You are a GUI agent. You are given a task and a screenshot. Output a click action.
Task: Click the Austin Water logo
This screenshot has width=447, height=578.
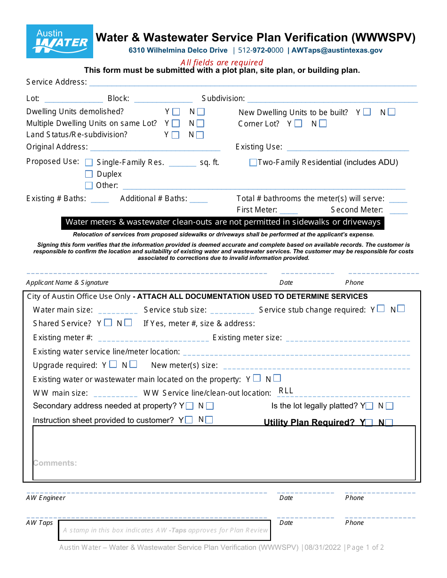click(x=59, y=41)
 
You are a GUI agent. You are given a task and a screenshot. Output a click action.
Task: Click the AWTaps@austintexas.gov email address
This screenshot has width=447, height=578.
click(x=337, y=50)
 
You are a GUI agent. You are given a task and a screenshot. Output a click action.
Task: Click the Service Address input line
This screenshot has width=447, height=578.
click(x=253, y=83)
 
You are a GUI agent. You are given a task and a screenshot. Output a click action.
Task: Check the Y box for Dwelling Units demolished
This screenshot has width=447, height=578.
click(x=176, y=112)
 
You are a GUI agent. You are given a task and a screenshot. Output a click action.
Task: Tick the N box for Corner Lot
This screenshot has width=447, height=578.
click(x=322, y=124)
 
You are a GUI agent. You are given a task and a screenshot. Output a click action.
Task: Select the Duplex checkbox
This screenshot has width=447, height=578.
click(x=89, y=174)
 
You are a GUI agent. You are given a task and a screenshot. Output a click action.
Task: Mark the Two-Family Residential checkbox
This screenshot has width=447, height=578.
click(x=253, y=163)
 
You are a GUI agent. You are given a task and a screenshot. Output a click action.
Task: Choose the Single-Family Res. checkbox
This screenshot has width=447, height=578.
click(x=89, y=163)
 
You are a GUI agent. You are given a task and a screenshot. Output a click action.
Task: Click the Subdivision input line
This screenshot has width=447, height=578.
click(x=332, y=99)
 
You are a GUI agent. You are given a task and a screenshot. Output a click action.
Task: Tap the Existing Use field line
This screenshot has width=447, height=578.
click(x=348, y=148)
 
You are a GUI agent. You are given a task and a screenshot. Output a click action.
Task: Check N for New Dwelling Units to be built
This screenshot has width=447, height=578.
click(x=391, y=112)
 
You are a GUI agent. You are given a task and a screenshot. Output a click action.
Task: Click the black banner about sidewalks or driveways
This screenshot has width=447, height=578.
click(x=223, y=222)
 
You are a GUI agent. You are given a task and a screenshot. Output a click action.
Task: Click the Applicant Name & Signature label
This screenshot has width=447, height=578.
click(x=67, y=282)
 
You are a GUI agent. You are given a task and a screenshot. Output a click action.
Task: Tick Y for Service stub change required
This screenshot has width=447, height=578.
click(x=381, y=309)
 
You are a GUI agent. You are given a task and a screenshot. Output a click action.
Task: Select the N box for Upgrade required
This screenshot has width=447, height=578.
click(x=133, y=365)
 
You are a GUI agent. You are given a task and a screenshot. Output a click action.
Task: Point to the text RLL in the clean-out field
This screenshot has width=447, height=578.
click(x=286, y=391)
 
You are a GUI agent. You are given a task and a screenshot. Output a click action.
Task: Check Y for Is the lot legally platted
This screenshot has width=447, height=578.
click(x=370, y=406)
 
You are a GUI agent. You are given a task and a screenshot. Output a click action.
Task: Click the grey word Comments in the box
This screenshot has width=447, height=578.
click(x=55, y=463)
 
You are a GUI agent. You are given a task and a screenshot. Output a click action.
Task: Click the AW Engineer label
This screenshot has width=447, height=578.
click(x=46, y=498)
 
